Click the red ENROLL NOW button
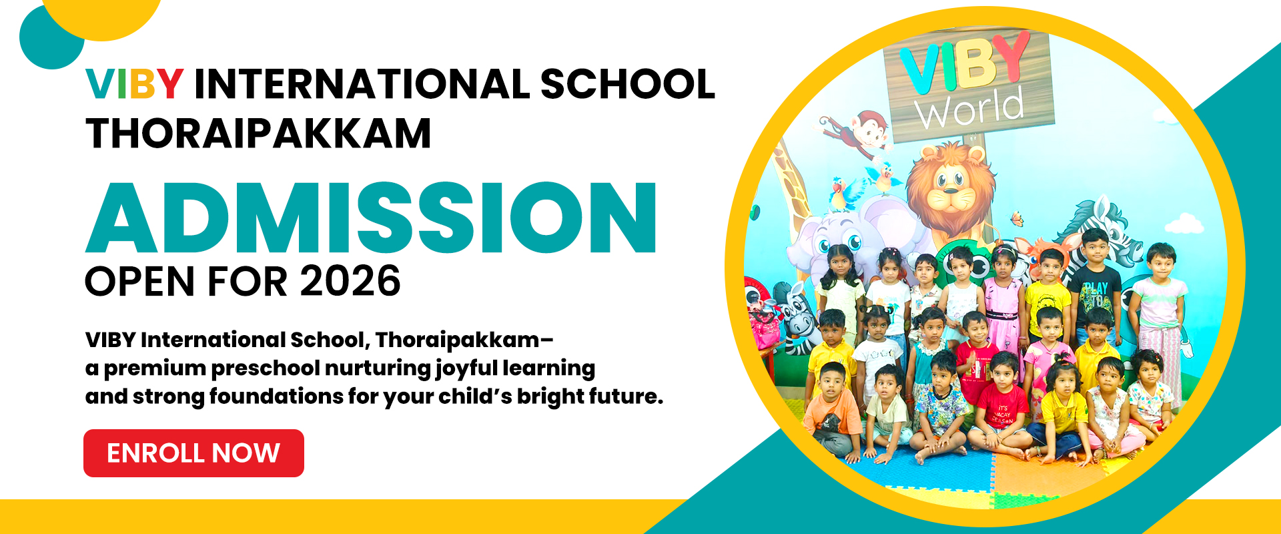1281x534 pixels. pos(193,453)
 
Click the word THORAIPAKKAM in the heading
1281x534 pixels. pos(258,133)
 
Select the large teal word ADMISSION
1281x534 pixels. pos(372,218)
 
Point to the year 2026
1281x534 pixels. pos(350,281)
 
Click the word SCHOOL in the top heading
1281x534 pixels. pos(628,84)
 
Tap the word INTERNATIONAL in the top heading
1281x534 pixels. pos(362,84)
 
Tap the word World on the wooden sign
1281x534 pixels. pos(969,109)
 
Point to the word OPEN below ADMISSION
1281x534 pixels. pos(141,281)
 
